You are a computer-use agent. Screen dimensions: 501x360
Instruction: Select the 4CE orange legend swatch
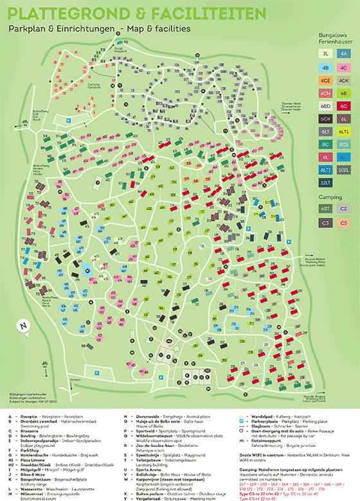coord(326,80)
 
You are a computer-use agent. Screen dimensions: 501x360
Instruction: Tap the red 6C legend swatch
coord(344,105)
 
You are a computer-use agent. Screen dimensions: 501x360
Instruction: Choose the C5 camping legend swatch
coord(344,223)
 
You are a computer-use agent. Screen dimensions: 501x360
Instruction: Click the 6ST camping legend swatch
coord(326,209)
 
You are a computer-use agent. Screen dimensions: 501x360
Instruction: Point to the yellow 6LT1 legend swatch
coord(344,131)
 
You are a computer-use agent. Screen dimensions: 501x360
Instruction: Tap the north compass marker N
coord(24,326)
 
